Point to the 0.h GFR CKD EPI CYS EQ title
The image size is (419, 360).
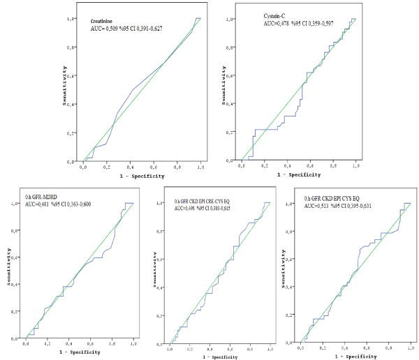tap(342, 198)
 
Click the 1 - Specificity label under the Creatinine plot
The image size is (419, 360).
tap(142, 176)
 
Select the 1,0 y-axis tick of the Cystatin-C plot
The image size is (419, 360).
tap(231, 19)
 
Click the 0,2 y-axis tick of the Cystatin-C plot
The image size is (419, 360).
tap(231, 132)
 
